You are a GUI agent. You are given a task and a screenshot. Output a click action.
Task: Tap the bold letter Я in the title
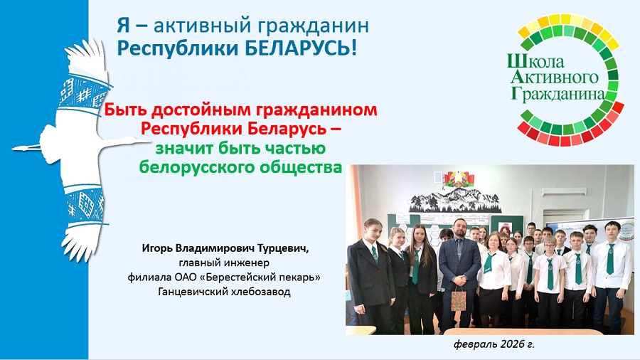123,26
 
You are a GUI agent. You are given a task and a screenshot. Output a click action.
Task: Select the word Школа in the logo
535,61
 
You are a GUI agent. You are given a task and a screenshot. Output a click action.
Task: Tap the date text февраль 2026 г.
494,344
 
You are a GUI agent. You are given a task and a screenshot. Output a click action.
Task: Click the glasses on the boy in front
550,245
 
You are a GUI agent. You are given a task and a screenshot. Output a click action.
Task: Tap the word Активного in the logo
554,77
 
